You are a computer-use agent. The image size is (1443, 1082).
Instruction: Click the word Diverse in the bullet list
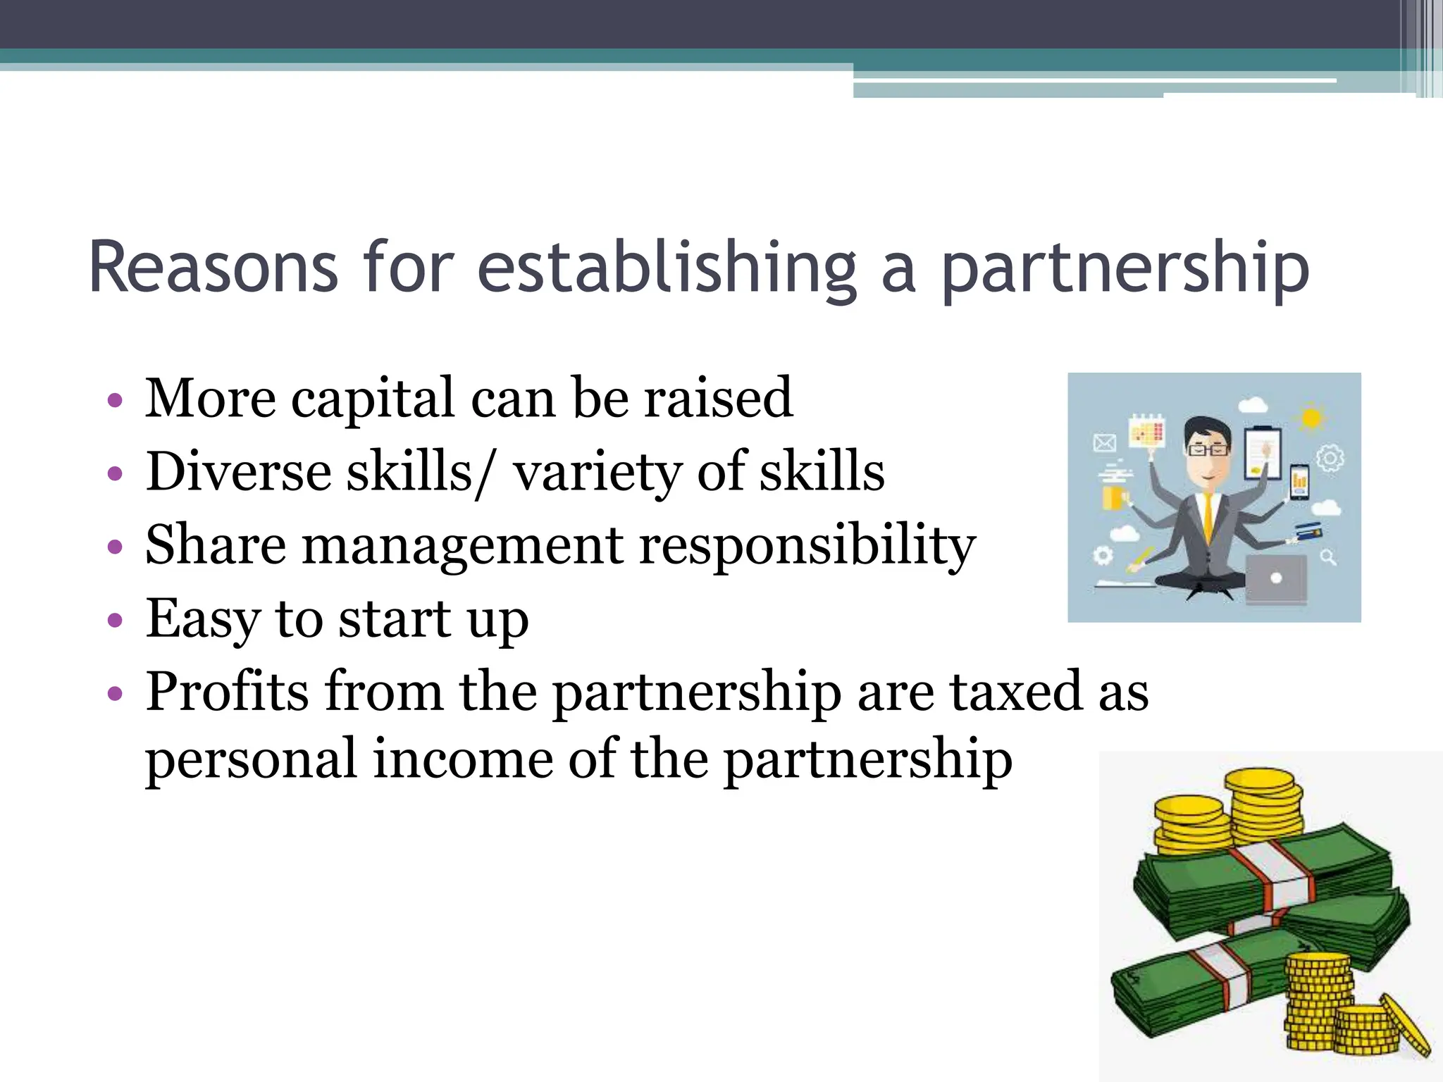click(238, 471)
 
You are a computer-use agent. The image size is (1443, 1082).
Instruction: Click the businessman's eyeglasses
click(1208, 449)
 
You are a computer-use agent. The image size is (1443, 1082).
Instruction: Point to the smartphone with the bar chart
click(1299, 482)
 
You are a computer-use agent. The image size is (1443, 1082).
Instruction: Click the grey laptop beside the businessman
click(1276, 579)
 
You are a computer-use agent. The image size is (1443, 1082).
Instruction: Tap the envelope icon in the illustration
click(1104, 442)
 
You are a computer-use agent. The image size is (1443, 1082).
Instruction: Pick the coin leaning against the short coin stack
click(1406, 1026)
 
